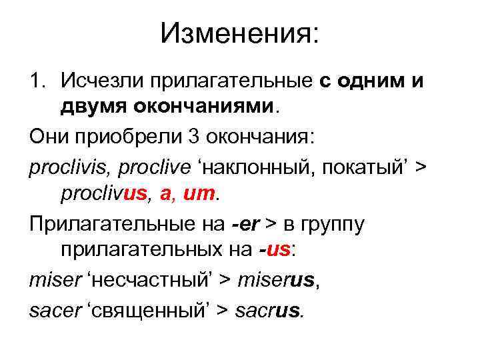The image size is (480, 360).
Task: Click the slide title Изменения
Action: (240, 33)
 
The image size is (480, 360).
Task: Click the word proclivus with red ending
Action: (103, 194)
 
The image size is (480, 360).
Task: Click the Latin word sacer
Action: (53, 311)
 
